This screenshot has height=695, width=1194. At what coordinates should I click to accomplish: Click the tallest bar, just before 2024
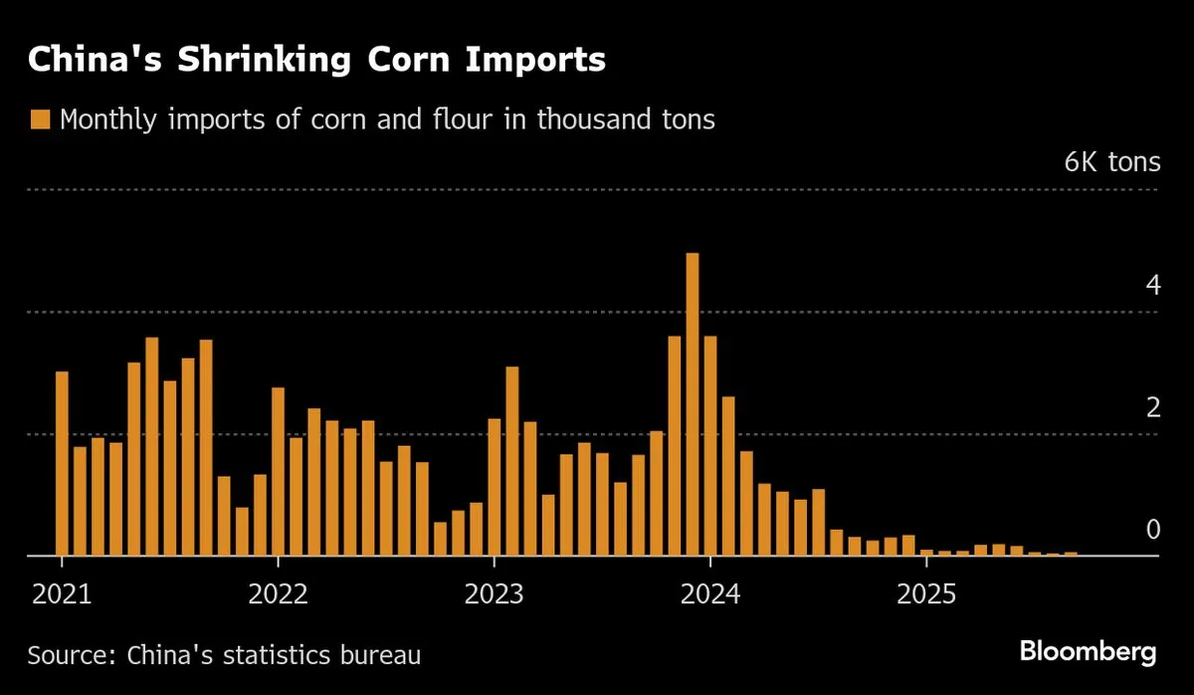pyautogui.click(x=693, y=404)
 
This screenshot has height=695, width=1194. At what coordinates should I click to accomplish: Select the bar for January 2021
pyautogui.click(x=62, y=463)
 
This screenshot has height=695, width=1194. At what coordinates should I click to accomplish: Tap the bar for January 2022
pyautogui.click(x=279, y=471)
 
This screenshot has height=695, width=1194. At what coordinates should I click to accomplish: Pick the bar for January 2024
pyautogui.click(x=710, y=446)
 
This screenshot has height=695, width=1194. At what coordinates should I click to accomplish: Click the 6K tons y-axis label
pyautogui.click(x=1111, y=162)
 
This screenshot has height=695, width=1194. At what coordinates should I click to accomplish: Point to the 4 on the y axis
pyautogui.click(x=1153, y=286)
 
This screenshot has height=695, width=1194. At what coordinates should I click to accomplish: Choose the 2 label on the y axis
pyautogui.click(x=1153, y=408)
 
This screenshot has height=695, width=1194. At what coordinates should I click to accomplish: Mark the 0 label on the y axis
pyautogui.click(x=1153, y=530)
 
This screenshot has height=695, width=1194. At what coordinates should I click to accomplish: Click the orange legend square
pyautogui.click(x=40, y=120)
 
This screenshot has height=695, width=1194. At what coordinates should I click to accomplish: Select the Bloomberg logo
pyautogui.click(x=1088, y=653)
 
